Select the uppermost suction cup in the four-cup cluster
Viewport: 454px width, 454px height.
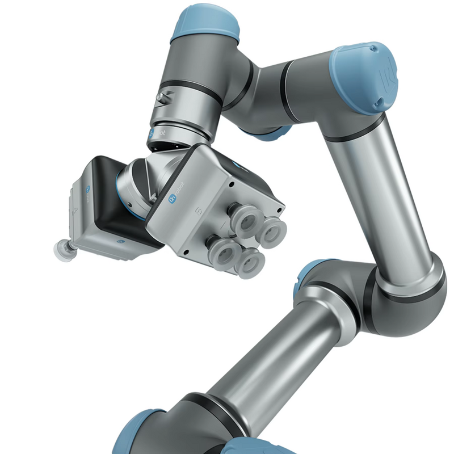point(248,220)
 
